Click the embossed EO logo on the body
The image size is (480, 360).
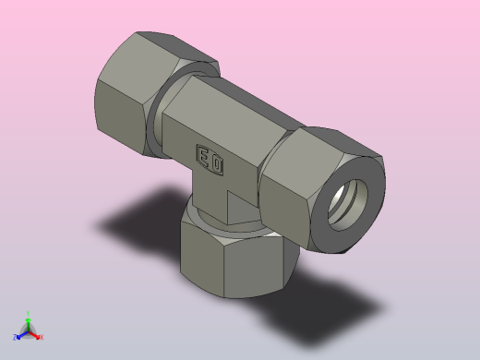pyautogui.click(x=209, y=160)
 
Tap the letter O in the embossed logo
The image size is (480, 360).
pyautogui.click(x=216, y=164)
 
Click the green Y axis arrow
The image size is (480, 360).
pyautogui.click(x=28, y=322)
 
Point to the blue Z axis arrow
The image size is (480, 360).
pyautogui.click(x=20, y=335)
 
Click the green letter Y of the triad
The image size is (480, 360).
pyautogui.click(x=29, y=313)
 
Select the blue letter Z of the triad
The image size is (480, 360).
pyautogui.click(x=15, y=338)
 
